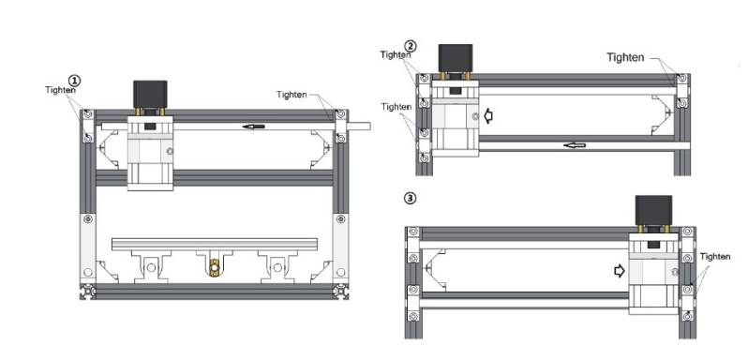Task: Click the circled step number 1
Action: pyautogui.click(x=74, y=80)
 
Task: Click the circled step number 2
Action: pyautogui.click(x=411, y=46)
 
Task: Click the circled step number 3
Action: pyautogui.click(x=410, y=198)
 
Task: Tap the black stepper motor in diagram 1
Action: pyautogui.click(x=150, y=94)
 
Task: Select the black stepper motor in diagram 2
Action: pyautogui.click(x=456, y=58)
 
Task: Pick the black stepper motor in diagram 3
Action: pyautogui.click(x=654, y=210)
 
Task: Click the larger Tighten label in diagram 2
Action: pyautogui.click(x=625, y=57)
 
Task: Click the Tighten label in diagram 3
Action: pyautogui.click(x=715, y=257)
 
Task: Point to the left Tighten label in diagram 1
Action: pyautogui.click(x=60, y=89)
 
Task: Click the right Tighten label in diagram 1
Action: pyautogui.click(x=292, y=95)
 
